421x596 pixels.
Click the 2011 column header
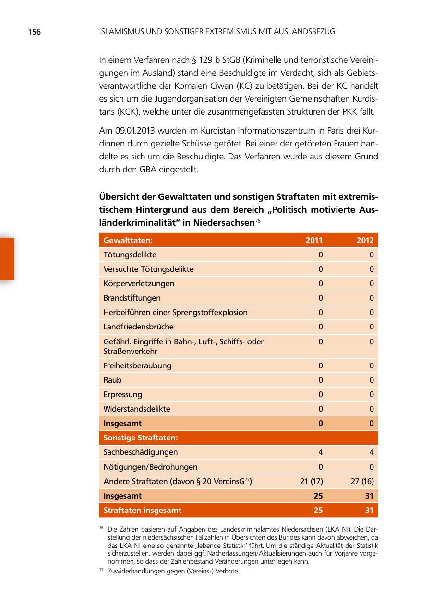pos(314,241)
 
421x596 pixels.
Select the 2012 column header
pos(365,241)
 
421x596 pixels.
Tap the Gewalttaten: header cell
pos(128,241)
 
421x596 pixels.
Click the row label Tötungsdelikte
pos(130,255)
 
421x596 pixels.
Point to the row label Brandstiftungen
pos(132,298)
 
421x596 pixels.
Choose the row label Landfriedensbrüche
pos(138,327)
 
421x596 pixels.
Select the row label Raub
pos(112,380)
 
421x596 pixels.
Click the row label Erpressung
pos(122,394)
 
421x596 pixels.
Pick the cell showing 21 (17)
pos(308,481)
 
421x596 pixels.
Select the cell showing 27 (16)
pos(362,481)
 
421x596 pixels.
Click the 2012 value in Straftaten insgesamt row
pos(368,511)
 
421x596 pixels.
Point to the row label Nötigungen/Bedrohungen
pos(150,467)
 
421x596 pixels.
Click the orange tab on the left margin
pos(7,259)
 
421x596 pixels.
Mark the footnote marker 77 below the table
pos(101,570)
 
